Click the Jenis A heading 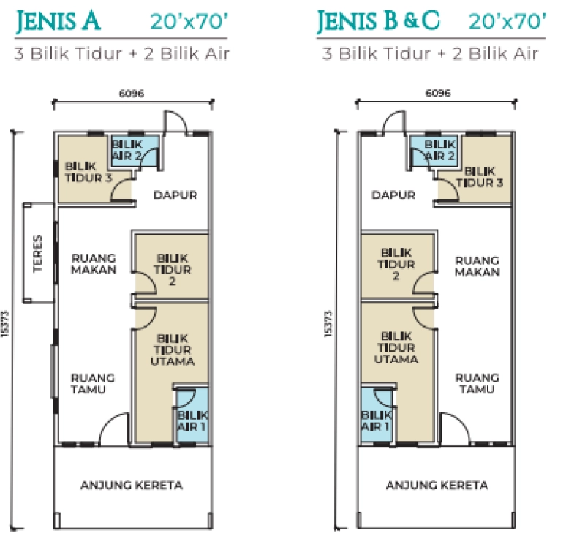tap(58, 21)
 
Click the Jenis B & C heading tap(378, 21)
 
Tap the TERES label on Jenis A tap(38, 254)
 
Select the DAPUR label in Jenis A tap(175, 195)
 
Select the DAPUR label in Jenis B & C tap(393, 195)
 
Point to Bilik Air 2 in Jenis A tap(127, 150)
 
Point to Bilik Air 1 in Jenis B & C tap(376, 421)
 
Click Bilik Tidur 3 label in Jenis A tap(88, 172)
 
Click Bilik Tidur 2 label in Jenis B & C tap(396, 264)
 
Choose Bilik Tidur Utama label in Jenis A tap(173, 350)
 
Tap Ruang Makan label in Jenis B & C tap(478, 266)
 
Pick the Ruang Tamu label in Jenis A tap(93, 384)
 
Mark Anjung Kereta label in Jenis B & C tap(437, 485)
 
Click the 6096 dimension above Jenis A tap(132, 93)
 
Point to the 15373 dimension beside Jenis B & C tap(328, 324)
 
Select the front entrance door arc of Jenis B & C tap(458, 422)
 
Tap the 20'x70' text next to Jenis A tap(189, 21)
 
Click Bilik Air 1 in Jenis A tap(192, 421)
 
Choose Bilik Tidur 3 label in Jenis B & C tap(480, 177)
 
